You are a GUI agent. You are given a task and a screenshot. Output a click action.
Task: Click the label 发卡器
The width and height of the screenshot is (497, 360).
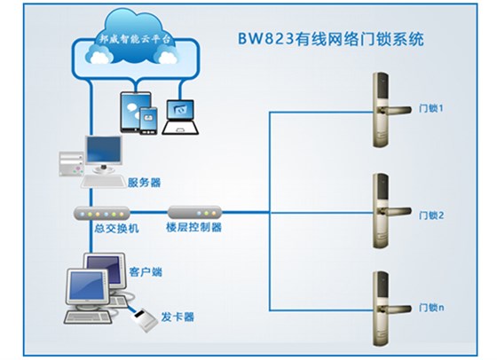tap(177, 317)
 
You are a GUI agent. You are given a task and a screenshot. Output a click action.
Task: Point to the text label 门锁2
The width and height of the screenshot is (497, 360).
tap(430, 215)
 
